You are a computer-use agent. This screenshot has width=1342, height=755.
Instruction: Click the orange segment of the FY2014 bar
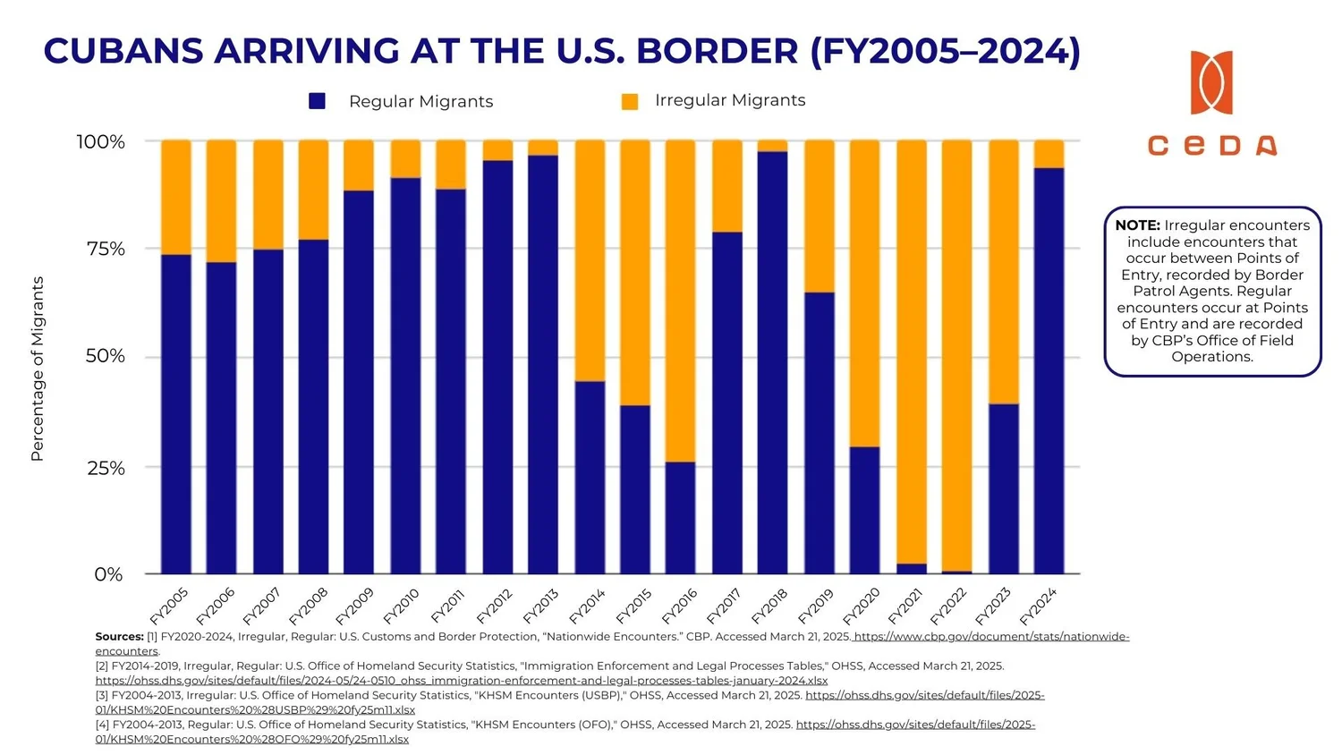[590, 259]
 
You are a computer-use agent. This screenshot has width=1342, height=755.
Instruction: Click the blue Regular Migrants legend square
[317, 101]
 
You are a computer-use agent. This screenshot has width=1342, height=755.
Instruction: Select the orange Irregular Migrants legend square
[630, 101]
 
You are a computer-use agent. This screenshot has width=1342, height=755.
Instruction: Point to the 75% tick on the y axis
[106, 249]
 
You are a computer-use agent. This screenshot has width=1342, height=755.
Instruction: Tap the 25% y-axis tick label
[106, 468]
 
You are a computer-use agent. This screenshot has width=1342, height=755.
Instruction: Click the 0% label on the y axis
[108, 574]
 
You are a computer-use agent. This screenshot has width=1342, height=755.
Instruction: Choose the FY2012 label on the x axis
[494, 607]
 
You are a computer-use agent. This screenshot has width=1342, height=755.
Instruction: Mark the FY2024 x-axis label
[1039, 607]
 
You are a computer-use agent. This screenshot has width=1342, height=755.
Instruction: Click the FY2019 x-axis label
[815, 607]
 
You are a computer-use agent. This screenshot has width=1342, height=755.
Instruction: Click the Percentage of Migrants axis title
[38, 369]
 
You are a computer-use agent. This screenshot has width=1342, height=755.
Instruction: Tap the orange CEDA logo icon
[1211, 82]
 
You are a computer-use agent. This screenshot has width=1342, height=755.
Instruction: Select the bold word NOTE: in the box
[1137, 225]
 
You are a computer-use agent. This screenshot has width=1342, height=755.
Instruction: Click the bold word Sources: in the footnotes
[119, 637]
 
